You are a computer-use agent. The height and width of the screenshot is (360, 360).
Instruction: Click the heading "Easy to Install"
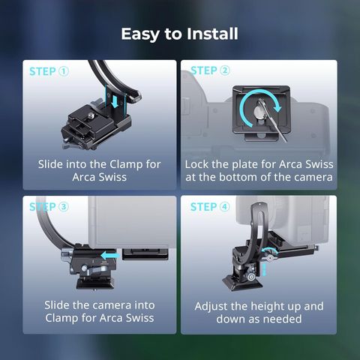click(x=179, y=34)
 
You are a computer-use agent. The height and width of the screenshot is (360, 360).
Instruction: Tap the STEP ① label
click(x=49, y=71)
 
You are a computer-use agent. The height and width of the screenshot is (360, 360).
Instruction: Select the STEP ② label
click(x=210, y=70)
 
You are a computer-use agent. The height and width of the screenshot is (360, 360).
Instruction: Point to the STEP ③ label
click(x=49, y=207)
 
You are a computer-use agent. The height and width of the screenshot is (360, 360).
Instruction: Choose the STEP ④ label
click(x=210, y=207)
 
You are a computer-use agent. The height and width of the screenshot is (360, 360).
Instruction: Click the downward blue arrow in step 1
click(x=115, y=101)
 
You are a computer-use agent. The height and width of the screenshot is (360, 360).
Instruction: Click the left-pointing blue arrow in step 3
click(x=110, y=256)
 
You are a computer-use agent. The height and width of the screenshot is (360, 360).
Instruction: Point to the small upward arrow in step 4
click(x=265, y=270)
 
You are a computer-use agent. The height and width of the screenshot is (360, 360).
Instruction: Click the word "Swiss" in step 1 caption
click(x=112, y=177)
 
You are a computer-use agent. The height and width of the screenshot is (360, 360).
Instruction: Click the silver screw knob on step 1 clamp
click(x=91, y=115)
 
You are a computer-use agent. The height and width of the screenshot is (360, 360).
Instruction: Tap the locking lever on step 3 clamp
click(x=95, y=269)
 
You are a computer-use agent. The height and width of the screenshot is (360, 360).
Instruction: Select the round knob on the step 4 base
click(x=250, y=277)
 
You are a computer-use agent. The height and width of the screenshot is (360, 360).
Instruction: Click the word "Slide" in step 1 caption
click(x=50, y=164)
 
